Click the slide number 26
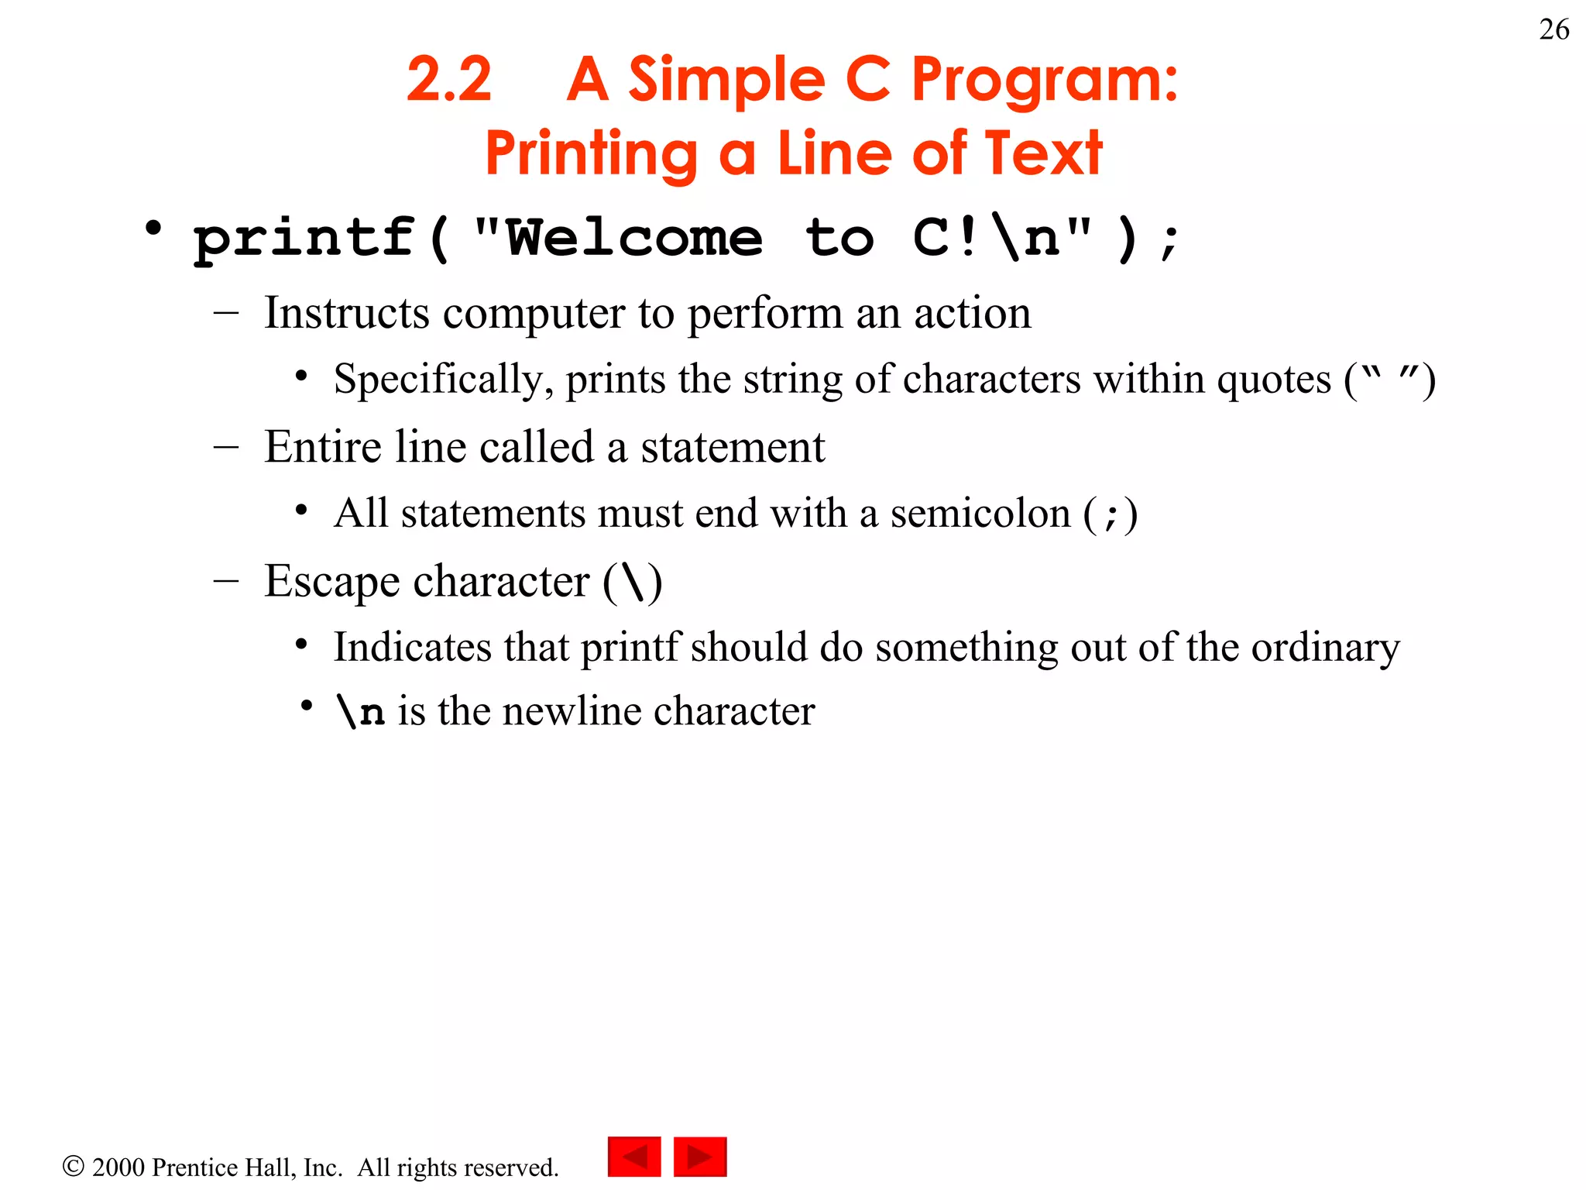pyautogui.click(x=1553, y=30)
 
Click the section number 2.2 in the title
pyautogui.click(x=449, y=79)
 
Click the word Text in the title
pyautogui.click(x=1042, y=153)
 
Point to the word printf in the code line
pyautogui.click(x=304, y=238)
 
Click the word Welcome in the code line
pyautogui.click(x=634, y=238)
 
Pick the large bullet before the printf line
pyautogui.click(x=153, y=229)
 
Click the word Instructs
pyautogui.click(x=346, y=313)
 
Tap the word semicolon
pyautogui.click(x=980, y=514)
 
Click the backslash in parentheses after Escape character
pyautogui.click(x=633, y=582)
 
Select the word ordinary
pyautogui.click(x=1325, y=648)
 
